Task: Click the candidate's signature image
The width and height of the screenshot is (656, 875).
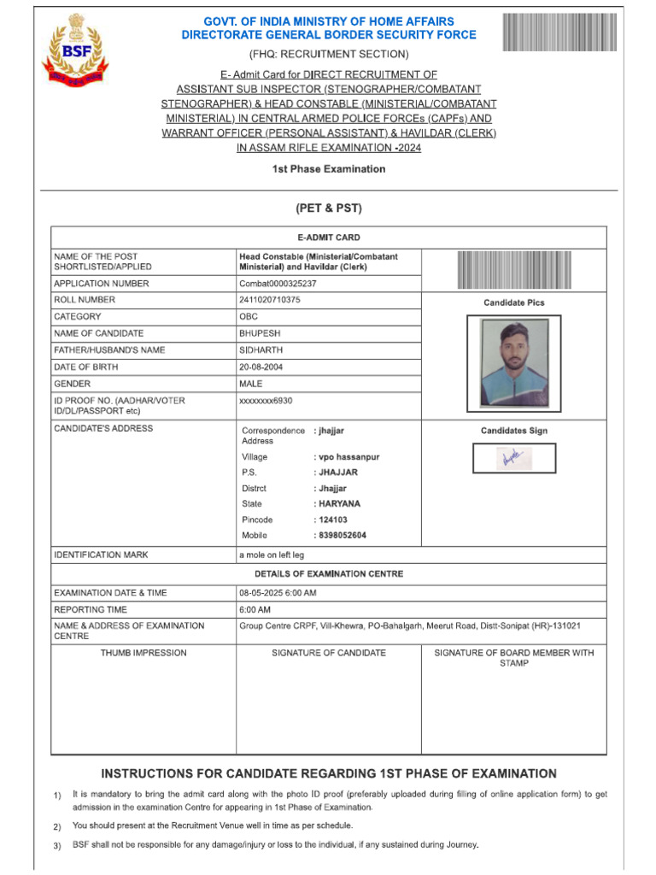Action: pos(514,459)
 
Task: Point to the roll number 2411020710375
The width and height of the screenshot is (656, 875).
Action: pos(270,300)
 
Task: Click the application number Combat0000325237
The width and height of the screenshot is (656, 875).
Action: pos(278,284)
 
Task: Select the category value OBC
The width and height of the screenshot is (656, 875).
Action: pos(249,317)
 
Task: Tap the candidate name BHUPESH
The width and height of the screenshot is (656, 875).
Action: pos(260,333)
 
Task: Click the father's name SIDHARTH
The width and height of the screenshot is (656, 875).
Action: pos(261,350)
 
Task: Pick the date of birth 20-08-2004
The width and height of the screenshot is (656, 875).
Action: pos(261,367)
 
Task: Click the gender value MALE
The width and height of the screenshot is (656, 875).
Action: pos(251,384)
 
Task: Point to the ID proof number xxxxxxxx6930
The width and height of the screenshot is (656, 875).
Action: pos(266,400)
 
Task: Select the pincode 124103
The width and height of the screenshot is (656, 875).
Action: pos(332,520)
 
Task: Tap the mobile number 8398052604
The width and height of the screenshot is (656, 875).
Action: pos(342,535)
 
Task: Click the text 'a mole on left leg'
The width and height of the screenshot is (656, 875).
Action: pos(272,555)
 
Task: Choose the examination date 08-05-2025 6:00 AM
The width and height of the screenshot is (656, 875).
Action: pos(278,593)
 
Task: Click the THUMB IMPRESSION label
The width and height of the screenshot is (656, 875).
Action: pos(143,653)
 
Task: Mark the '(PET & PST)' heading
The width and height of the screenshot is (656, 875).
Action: pos(329,208)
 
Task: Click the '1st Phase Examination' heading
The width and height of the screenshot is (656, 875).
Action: pos(329,169)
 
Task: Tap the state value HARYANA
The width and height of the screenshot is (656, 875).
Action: pos(338,504)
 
